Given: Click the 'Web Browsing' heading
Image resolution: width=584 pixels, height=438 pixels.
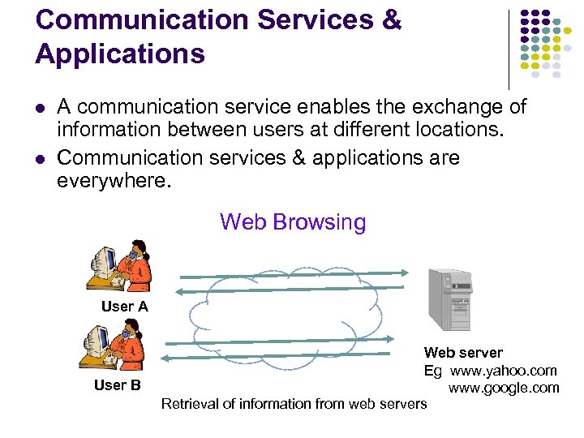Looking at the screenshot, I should click(x=293, y=222).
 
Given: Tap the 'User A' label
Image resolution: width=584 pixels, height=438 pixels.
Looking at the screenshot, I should click(x=124, y=307).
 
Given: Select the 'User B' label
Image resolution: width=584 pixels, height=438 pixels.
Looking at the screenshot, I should click(x=118, y=385).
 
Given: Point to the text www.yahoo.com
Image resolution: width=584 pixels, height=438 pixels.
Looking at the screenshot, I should click(x=504, y=371).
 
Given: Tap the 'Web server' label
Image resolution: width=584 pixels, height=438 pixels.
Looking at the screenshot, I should click(x=463, y=353).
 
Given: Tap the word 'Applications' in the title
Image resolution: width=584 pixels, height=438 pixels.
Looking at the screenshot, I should click(x=120, y=54).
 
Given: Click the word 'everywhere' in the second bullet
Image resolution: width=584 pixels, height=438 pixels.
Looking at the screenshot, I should click(x=114, y=179).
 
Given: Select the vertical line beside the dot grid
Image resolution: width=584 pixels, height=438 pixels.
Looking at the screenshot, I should click(x=509, y=49).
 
